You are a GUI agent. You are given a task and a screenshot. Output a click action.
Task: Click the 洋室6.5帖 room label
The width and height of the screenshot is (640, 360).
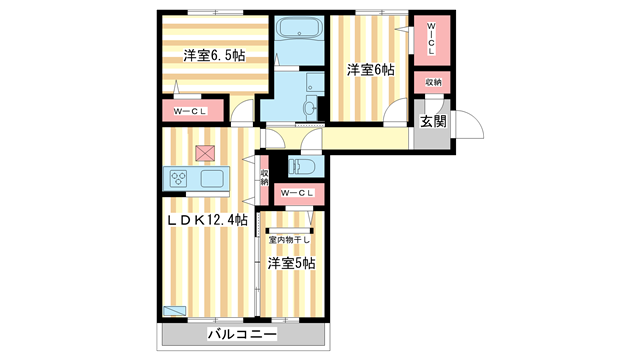(213, 56)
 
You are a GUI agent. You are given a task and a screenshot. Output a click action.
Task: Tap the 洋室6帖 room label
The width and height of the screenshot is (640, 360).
(370, 70)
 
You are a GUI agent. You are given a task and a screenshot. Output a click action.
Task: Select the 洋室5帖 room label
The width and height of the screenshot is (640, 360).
(291, 263)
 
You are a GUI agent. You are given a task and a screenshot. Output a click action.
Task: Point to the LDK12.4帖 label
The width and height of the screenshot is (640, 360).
(207, 219)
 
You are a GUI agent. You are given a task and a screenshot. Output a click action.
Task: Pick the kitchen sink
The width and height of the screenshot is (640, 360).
(213, 179)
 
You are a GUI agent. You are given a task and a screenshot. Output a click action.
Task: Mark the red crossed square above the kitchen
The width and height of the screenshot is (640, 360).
(205, 152)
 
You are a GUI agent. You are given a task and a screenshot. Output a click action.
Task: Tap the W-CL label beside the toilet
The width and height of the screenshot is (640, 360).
(298, 193)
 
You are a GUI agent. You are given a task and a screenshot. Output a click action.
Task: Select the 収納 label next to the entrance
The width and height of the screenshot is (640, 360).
(432, 82)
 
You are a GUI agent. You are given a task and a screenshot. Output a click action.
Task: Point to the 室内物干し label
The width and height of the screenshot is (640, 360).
(290, 239)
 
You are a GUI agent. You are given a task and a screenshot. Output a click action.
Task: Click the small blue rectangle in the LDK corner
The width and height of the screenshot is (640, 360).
(174, 311)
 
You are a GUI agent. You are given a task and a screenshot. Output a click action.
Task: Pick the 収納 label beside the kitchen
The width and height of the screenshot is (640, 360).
(264, 177)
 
